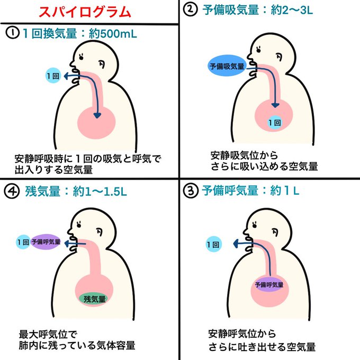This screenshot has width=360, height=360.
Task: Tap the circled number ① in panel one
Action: (x=12, y=33)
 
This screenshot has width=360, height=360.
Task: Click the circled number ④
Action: (x=12, y=191)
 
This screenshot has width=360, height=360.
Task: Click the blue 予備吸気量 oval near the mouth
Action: (x=227, y=67)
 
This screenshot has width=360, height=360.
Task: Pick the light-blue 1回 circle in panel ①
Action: (x=53, y=76)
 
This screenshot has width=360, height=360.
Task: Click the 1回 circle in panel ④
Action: (x=22, y=242)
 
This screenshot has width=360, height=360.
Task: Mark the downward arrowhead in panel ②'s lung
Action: (x=277, y=106)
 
